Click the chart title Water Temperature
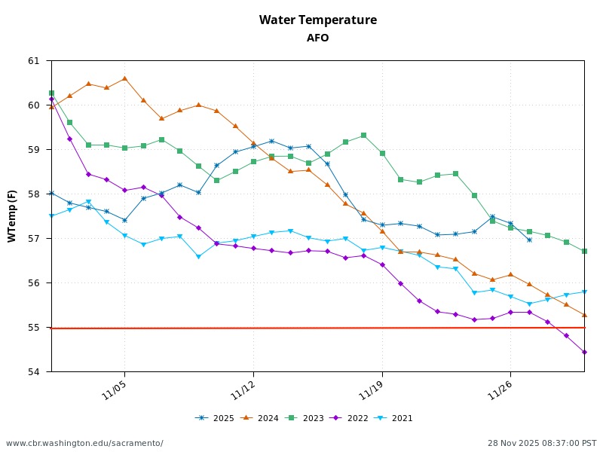point(317,20)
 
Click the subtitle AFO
point(317,38)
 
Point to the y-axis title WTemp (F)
point(12,216)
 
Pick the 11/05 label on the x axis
point(115,390)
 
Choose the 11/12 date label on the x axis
point(244,390)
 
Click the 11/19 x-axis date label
point(373,390)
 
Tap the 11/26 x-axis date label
point(501,390)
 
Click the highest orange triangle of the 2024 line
point(124,78)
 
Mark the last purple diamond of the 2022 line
point(584,352)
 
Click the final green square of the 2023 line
point(584,251)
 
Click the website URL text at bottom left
point(84,443)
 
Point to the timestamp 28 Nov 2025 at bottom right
point(542,443)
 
